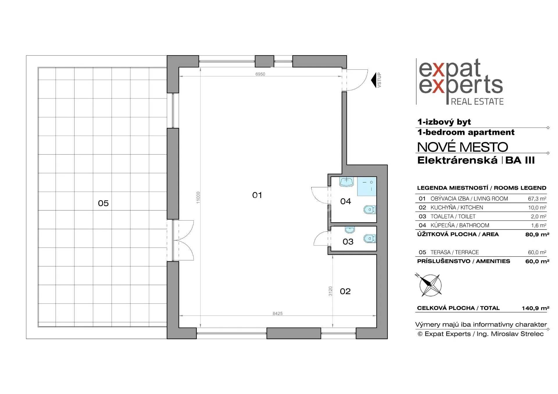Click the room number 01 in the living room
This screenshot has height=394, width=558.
(x=257, y=195)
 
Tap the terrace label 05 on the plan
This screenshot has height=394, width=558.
(x=103, y=203)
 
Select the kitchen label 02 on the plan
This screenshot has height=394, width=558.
(x=345, y=291)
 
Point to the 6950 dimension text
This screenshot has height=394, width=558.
(x=260, y=74)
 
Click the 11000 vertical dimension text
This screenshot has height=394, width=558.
(x=198, y=198)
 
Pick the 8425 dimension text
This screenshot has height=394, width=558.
(x=278, y=314)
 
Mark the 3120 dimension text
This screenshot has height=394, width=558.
(x=330, y=291)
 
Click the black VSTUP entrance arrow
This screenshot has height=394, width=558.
(x=374, y=80)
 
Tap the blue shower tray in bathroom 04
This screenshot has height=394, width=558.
(x=367, y=186)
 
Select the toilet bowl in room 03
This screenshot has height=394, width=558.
(x=370, y=239)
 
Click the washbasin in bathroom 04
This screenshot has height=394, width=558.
(x=346, y=182)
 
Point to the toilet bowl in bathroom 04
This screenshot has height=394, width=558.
(x=370, y=209)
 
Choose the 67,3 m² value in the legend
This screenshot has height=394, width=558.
(x=537, y=199)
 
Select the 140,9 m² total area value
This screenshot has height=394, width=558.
(x=535, y=308)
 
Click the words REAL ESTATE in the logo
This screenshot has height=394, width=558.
(x=477, y=101)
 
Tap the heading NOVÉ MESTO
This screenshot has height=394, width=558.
(x=463, y=147)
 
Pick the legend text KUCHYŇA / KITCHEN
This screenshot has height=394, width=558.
(x=457, y=207)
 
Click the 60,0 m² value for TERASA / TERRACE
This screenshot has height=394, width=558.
(x=537, y=252)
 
